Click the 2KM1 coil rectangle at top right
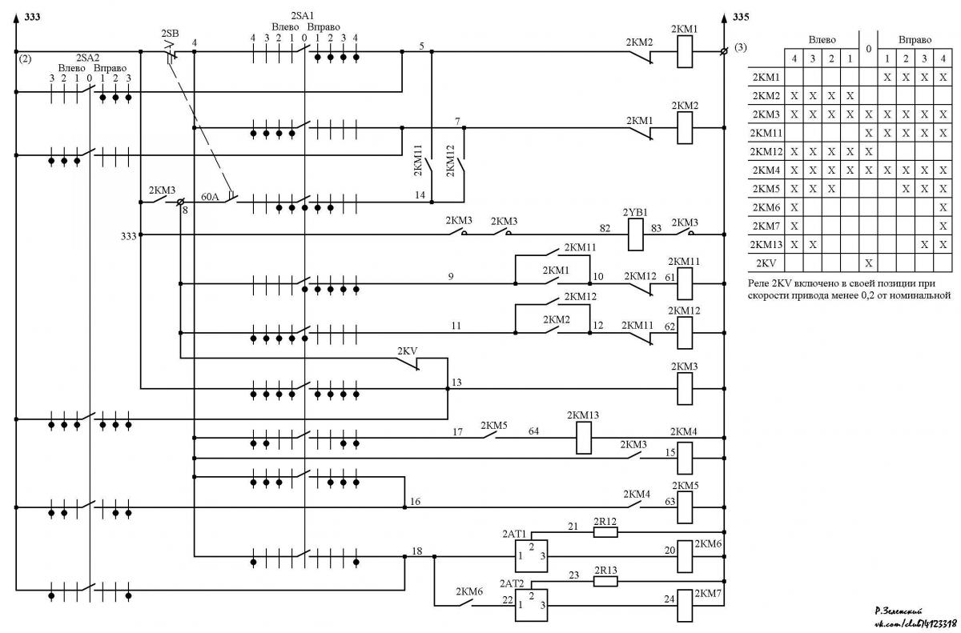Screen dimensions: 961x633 (685, 51)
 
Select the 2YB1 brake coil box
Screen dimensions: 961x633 (636, 234)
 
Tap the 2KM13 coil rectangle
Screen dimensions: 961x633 (584, 438)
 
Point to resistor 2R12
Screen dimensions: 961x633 (605, 532)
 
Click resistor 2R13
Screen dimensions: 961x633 (605, 582)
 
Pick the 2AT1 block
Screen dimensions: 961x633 (531, 556)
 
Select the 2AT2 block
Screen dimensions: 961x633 (531, 605)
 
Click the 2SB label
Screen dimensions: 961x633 (170, 33)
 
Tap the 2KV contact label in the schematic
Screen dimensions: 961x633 (407, 351)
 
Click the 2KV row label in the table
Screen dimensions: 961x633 (766, 263)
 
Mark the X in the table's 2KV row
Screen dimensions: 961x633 (869, 263)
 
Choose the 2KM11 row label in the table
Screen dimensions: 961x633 (766, 133)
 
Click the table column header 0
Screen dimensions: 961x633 (869, 49)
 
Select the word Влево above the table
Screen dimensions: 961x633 (822, 40)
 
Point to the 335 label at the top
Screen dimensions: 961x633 (741, 17)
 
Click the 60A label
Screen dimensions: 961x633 (210, 197)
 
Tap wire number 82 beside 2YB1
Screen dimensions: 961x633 (605, 228)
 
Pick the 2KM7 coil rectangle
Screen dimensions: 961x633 (685, 605)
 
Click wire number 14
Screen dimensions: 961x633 (420, 195)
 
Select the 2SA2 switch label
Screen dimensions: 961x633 (87, 58)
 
